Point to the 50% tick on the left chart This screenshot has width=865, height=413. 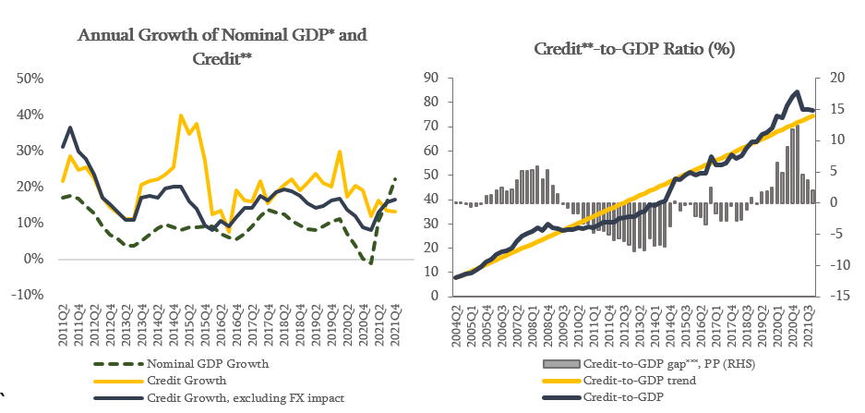(x=30, y=79)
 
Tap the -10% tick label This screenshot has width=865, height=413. (x=27, y=295)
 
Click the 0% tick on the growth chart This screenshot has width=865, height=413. (x=34, y=259)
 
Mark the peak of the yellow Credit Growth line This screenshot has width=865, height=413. (x=180, y=116)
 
